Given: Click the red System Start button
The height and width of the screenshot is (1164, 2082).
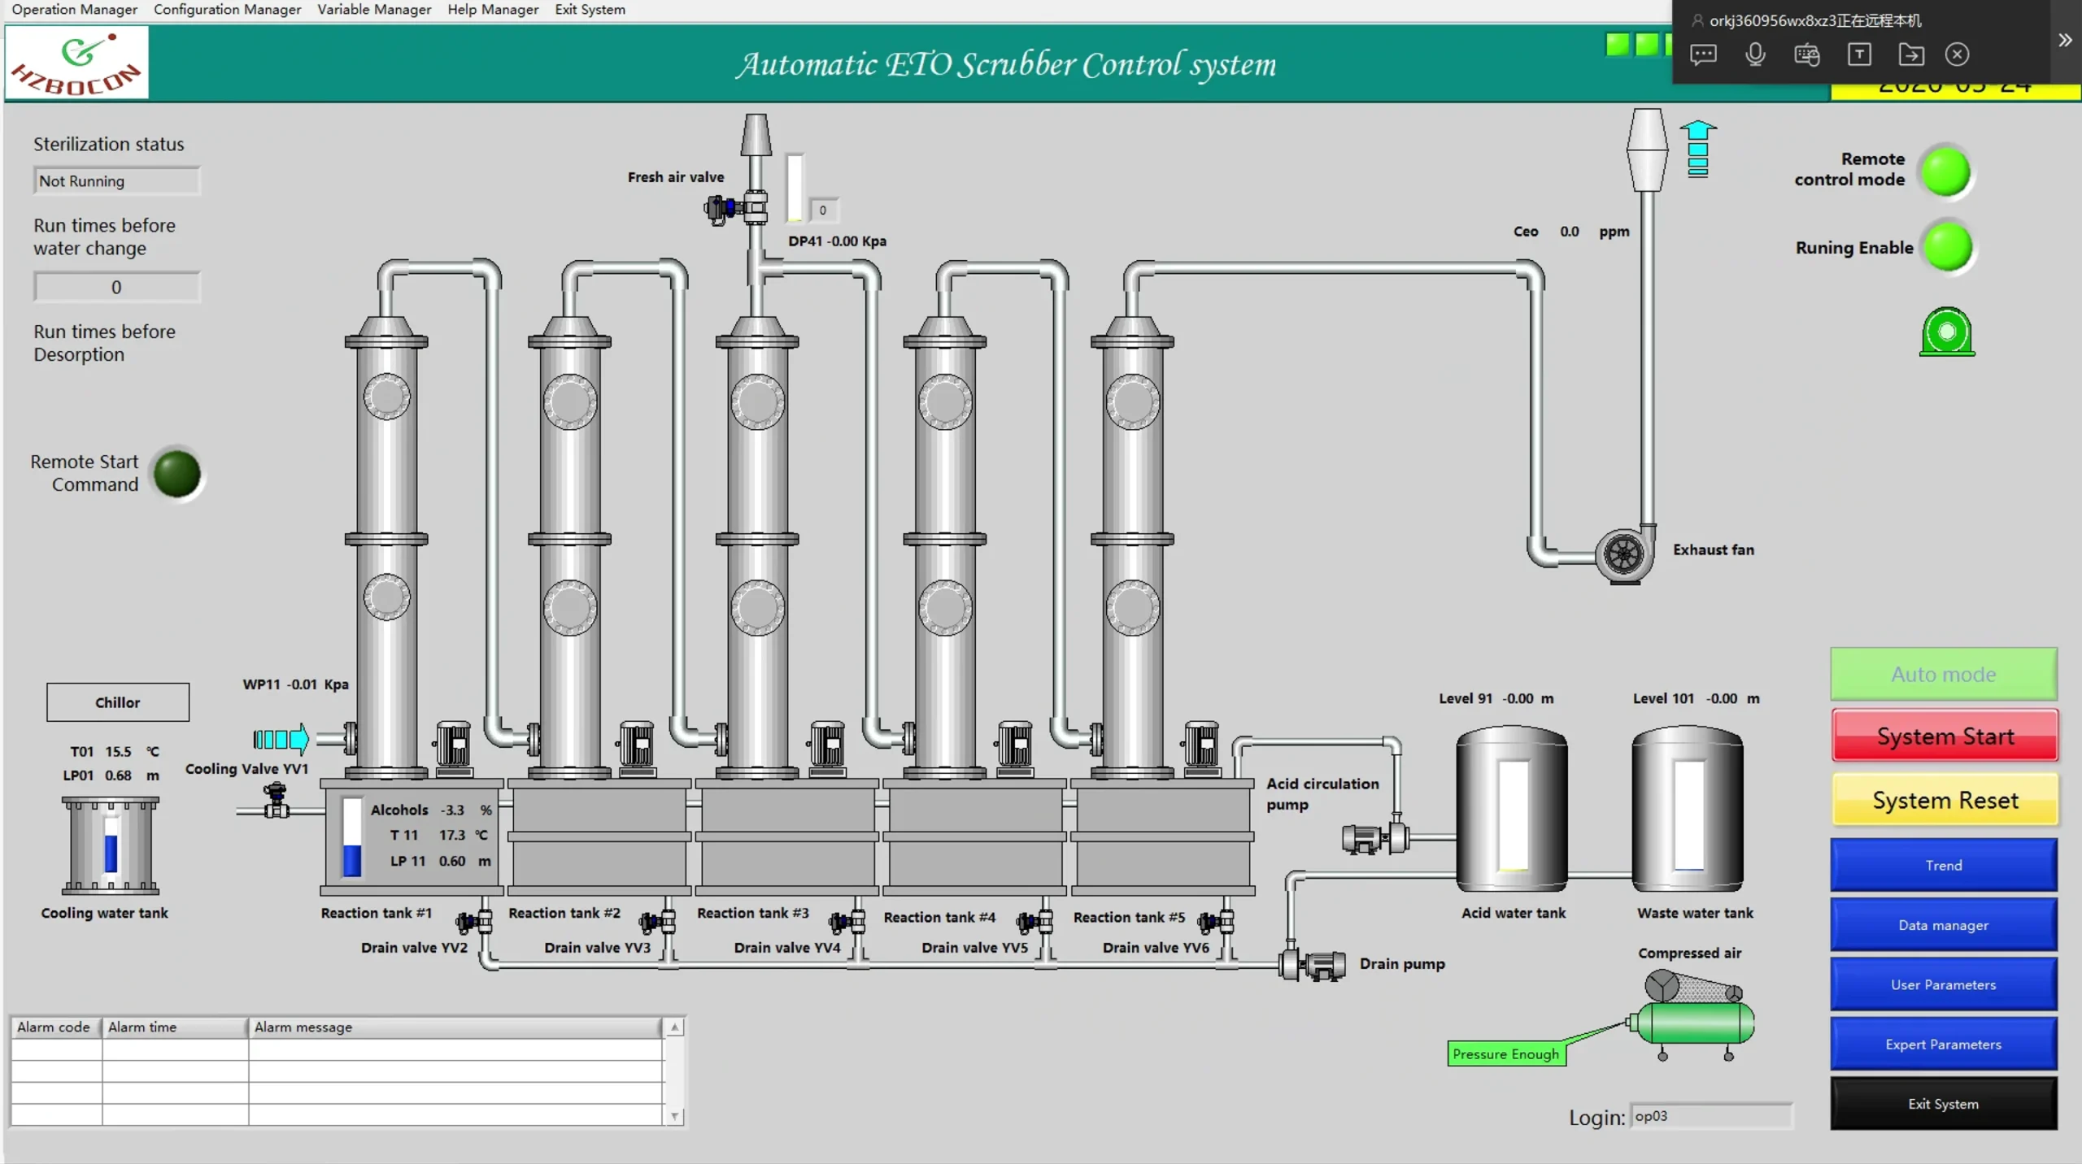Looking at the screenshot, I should (1944, 736).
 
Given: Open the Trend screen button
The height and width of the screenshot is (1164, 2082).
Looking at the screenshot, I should (1943, 865).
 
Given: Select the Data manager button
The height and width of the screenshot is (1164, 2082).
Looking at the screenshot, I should (1943, 925).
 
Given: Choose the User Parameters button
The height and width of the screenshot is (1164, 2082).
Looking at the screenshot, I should (1943, 984).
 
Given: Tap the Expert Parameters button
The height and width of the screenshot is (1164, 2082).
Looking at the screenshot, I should (1943, 1045).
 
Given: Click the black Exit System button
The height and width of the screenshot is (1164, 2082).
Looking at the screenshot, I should (1943, 1104).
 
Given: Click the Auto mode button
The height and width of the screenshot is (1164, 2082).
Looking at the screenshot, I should (1943, 674).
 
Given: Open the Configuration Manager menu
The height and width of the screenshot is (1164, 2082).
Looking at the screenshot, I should (227, 10).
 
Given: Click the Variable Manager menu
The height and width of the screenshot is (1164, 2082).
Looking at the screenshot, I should (374, 10).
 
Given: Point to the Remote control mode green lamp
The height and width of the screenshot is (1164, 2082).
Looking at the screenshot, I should (1946, 171).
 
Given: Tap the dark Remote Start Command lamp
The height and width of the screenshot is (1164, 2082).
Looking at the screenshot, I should (177, 473).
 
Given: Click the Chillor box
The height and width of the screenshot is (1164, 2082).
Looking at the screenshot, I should (118, 702).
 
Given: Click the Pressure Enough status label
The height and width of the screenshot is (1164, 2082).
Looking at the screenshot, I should (1505, 1054).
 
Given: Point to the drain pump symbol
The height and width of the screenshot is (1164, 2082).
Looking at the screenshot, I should (1313, 965).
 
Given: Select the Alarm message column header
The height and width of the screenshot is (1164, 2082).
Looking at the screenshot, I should (455, 1027).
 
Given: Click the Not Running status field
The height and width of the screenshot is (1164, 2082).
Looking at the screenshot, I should (117, 181).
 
